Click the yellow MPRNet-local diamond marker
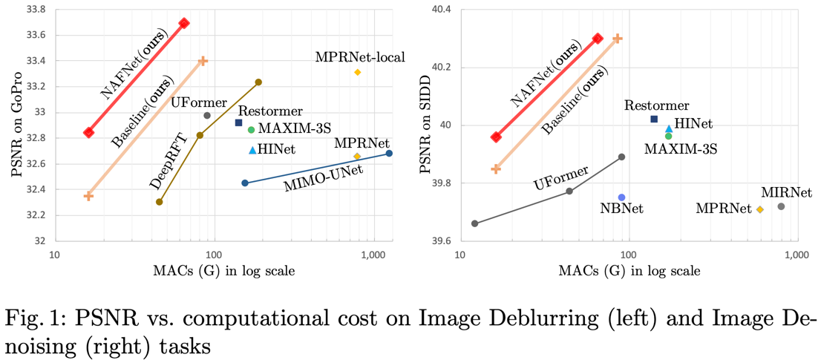point(357,72)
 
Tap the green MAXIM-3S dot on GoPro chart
point(251,130)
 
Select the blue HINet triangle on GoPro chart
point(252,151)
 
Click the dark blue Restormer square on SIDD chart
point(654,119)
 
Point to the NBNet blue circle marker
point(621,197)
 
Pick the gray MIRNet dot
point(781,206)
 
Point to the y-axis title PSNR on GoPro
point(16,125)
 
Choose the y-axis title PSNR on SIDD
point(425,125)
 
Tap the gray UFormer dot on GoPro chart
point(207,115)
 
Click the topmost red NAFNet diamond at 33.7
point(184,23)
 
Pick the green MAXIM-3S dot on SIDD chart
point(668,136)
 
